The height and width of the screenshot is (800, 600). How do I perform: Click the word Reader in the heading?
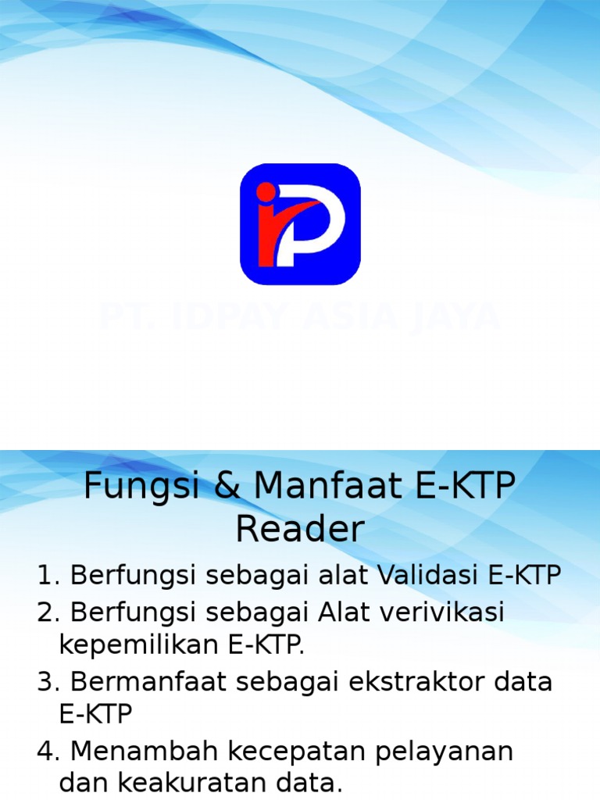click(300, 530)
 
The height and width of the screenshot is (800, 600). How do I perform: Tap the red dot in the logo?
click(266, 191)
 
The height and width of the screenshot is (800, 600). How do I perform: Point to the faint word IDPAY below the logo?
click(234, 317)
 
